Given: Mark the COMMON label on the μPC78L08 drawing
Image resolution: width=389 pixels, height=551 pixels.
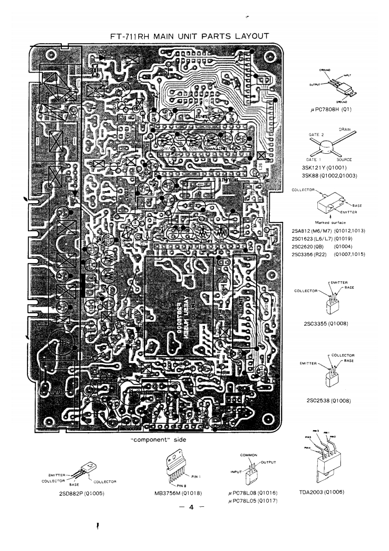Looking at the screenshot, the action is point(246,455).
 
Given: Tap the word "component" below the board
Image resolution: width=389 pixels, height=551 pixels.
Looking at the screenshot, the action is point(147,441).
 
